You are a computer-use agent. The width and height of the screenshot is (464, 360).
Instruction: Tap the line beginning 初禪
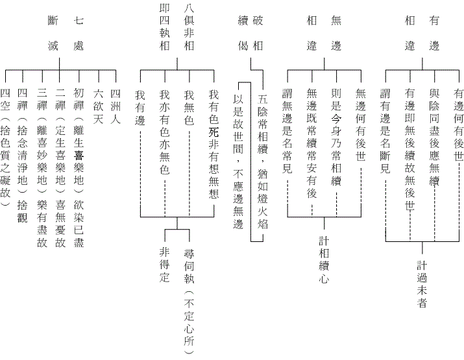coord(79,168)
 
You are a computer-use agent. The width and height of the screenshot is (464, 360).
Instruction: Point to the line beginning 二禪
coord(60,168)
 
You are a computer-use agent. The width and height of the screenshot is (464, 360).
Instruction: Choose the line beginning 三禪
coord(42,168)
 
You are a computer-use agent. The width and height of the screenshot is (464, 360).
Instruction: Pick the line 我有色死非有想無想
coord(213,143)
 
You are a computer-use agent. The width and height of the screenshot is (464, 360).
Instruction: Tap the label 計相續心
coord(324,260)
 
